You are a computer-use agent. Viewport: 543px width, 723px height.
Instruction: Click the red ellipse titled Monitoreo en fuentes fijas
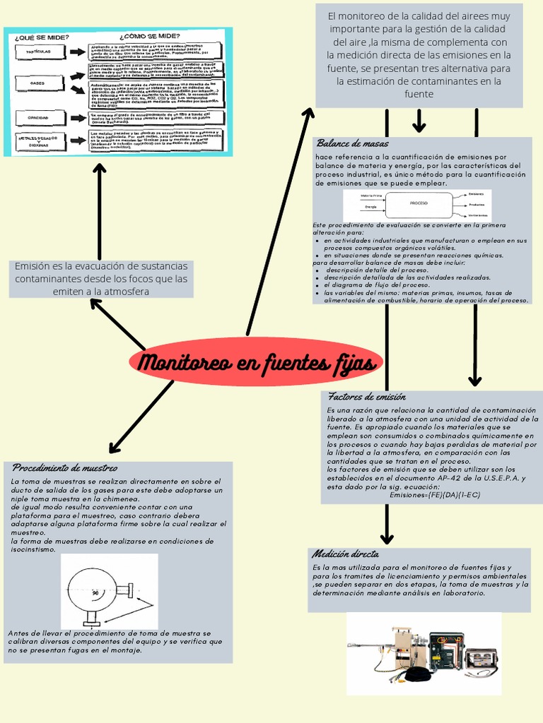click(x=257, y=364)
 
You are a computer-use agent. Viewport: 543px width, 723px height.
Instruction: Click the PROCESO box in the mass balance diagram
click(x=419, y=203)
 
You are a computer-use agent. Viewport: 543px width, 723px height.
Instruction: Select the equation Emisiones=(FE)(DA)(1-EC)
click(x=435, y=495)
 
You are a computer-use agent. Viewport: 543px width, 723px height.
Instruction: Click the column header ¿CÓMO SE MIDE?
click(x=149, y=36)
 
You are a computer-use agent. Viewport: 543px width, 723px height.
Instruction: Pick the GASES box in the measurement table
click(x=37, y=83)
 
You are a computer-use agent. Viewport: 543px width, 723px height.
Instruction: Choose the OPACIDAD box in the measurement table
click(x=37, y=117)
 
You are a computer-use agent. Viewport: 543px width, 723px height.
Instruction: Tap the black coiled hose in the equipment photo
click(x=416, y=674)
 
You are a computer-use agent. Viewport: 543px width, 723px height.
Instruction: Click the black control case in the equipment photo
click(x=445, y=651)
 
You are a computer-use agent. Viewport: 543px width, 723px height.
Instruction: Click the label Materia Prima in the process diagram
click(x=371, y=195)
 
